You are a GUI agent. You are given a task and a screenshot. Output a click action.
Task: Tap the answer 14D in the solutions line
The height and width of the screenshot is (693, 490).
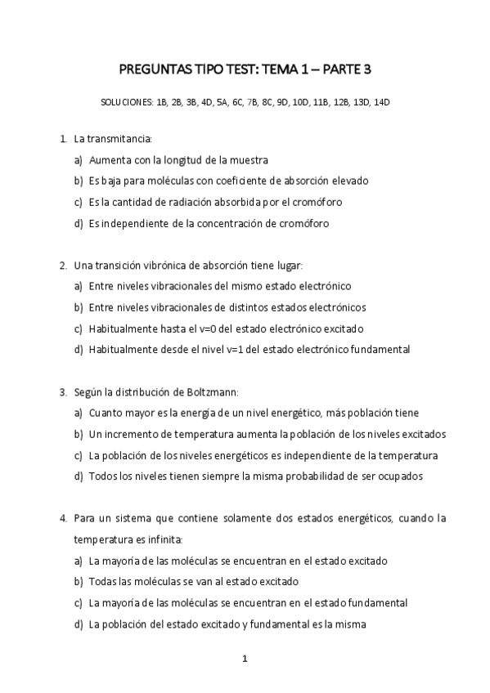pos(381,104)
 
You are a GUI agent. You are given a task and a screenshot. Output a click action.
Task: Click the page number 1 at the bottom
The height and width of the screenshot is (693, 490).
pos(245,659)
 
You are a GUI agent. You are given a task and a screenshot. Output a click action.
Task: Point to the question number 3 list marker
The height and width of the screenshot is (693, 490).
pos(63,392)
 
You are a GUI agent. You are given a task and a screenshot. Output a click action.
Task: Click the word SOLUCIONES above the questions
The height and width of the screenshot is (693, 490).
pos(125,104)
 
